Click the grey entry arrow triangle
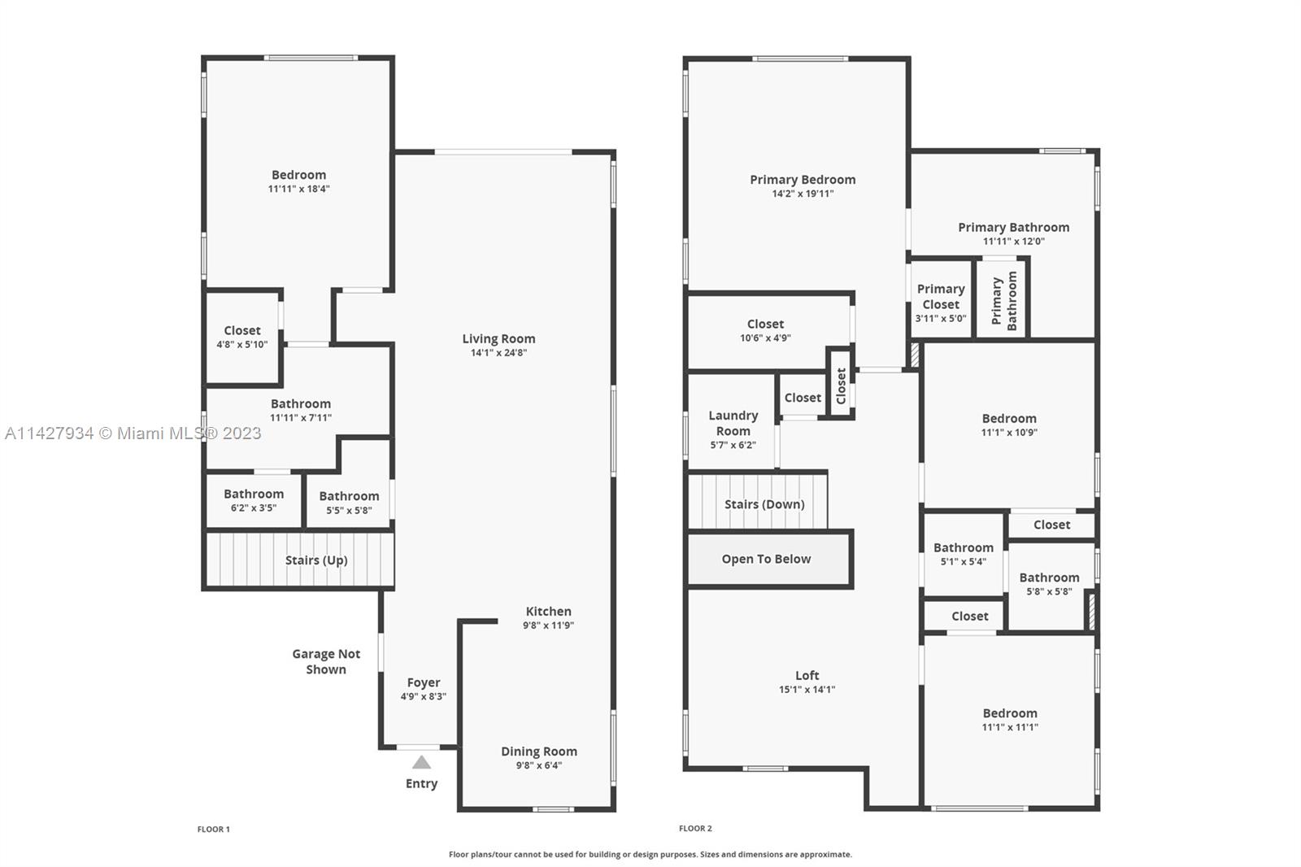[x=422, y=762]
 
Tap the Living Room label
[x=499, y=339]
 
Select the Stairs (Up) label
[x=316, y=560]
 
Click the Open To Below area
[x=767, y=559]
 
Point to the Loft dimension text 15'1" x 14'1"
[x=807, y=690]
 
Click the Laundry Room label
[x=733, y=423]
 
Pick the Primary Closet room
[x=941, y=298]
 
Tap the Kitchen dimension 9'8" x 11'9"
[x=548, y=625]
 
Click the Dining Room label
[x=539, y=752]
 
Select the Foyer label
[x=424, y=683]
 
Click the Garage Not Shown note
[x=326, y=662]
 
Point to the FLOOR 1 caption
[x=214, y=830]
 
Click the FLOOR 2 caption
[x=695, y=828]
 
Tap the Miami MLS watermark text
[x=133, y=433]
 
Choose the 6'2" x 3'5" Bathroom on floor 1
[x=254, y=499]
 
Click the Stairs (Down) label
[x=764, y=504]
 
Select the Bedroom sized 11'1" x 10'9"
[x=1009, y=425]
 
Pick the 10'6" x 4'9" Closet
[x=765, y=331]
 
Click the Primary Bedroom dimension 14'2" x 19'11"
[x=803, y=194]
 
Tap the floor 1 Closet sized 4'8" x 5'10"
[x=242, y=337]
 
